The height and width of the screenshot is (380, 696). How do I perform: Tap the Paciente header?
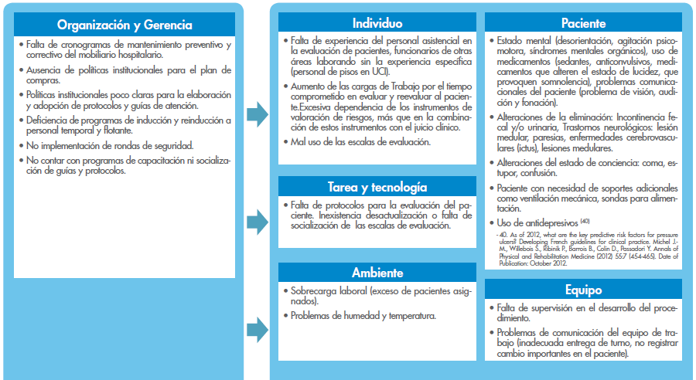click(583, 23)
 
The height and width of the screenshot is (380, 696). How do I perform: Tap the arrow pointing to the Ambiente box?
click(257, 331)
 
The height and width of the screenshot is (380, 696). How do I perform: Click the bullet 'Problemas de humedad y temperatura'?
click(363, 315)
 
